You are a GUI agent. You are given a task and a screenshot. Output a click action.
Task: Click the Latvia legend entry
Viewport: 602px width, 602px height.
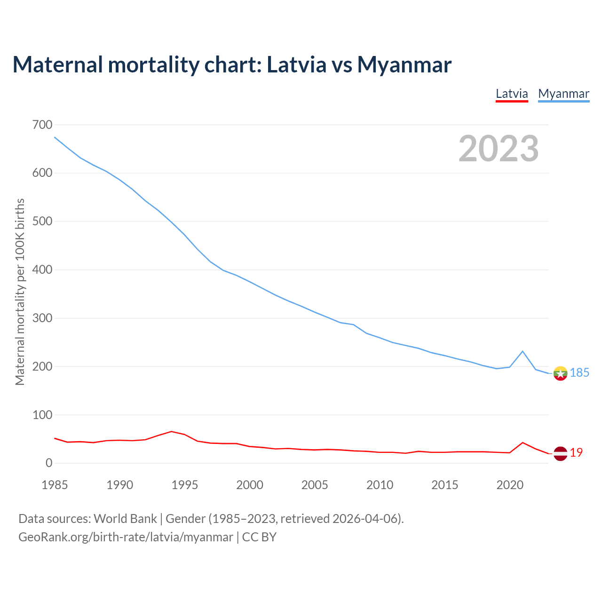pos(512,94)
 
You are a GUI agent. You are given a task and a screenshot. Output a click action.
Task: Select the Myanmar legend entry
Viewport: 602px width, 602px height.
pos(563,94)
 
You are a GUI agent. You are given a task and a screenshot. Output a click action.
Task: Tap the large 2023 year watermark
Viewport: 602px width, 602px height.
pos(499,149)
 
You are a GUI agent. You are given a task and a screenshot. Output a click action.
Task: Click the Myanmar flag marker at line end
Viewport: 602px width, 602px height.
pos(560,373)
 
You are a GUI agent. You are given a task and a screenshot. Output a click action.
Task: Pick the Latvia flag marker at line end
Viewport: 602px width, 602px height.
pos(560,453)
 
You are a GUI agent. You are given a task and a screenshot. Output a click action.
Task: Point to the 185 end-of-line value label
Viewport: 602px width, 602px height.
pos(579,373)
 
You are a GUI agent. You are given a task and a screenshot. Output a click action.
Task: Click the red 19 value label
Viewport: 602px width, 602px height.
pos(576,453)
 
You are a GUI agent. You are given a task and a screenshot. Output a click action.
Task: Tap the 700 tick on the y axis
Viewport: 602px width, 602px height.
pos(42,125)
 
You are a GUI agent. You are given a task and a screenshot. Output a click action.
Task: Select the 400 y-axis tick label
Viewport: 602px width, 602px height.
pos(42,270)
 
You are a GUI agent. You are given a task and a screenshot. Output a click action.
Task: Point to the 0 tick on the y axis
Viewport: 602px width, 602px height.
pos(49,463)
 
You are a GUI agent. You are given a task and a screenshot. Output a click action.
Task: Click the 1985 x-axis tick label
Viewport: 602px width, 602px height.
pos(55,485)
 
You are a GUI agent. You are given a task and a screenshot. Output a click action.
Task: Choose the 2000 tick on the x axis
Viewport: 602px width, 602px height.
pos(250,485)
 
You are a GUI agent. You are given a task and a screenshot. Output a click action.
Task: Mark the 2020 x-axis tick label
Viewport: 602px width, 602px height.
pos(510,485)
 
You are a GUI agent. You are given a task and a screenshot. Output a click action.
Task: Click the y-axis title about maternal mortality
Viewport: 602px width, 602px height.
pos(20,292)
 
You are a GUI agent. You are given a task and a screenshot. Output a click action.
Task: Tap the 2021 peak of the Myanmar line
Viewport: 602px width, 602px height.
pos(523,351)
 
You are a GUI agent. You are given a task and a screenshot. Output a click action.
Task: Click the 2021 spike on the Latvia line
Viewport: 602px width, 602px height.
pos(523,443)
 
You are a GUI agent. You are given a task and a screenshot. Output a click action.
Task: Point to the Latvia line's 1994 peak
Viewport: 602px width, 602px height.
pos(171,431)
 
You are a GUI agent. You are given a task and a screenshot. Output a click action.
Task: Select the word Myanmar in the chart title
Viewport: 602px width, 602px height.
pos(404,64)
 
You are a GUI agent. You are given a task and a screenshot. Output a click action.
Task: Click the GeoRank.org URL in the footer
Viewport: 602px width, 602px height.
pos(126,537)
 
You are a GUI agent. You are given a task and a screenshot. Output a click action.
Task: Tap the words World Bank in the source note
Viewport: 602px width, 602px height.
pos(125,519)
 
